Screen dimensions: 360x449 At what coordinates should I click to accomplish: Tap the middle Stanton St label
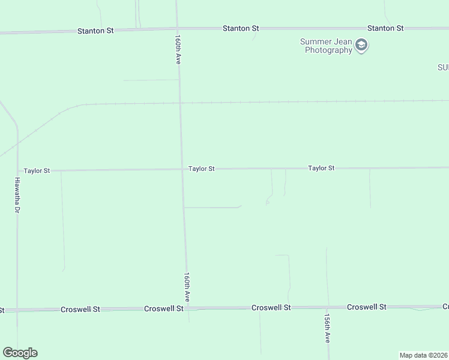click(x=241, y=28)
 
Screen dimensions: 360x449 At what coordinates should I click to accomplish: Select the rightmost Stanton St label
click(x=385, y=28)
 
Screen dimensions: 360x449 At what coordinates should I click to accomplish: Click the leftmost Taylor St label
click(x=37, y=171)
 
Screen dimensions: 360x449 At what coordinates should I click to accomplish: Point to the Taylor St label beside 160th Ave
click(x=201, y=169)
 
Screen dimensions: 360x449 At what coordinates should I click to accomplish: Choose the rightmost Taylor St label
click(x=321, y=169)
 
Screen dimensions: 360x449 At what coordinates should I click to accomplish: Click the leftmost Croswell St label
click(x=80, y=310)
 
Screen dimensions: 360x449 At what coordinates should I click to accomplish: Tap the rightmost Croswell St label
click(x=366, y=307)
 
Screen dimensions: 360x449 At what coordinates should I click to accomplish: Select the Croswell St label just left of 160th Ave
click(x=164, y=308)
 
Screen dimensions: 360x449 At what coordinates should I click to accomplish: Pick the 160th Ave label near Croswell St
click(x=187, y=287)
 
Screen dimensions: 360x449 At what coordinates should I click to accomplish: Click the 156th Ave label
click(x=328, y=328)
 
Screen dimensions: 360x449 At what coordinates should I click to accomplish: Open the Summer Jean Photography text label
click(x=328, y=46)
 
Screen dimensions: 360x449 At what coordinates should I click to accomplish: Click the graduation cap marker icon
click(x=361, y=46)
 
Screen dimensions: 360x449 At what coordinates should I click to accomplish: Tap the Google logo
click(x=20, y=353)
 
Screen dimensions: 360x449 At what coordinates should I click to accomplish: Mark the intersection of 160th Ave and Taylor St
click(x=182, y=170)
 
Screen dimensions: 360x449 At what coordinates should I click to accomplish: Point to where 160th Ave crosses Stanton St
click(x=177, y=28)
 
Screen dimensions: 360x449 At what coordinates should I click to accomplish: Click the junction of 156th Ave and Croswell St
click(x=328, y=307)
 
